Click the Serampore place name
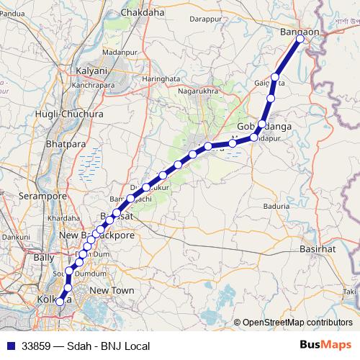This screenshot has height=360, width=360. (x=42, y=196)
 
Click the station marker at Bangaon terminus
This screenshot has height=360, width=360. (x=301, y=40)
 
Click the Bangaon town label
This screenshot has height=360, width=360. (x=297, y=31)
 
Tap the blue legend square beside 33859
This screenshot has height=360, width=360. (x=9, y=346)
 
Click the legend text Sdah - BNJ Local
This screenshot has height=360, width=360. (x=108, y=346)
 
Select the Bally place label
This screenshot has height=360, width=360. (x=43, y=257)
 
